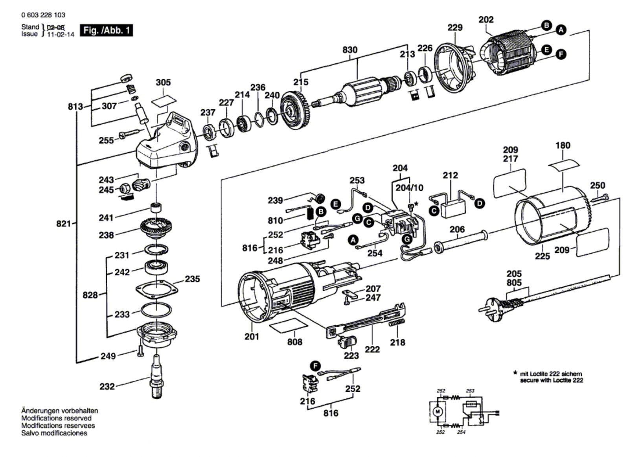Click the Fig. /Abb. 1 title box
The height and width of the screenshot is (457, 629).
[x=106, y=30]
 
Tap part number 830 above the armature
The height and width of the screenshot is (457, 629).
[x=350, y=50]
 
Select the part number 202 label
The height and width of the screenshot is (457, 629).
[x=486, y=20]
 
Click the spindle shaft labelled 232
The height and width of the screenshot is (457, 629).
[x=157, y=376]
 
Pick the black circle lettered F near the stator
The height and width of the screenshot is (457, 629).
[x=561, y=54]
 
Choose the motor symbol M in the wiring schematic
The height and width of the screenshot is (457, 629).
[x=437, y=411]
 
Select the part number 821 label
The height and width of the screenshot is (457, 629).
[x=64, y=224]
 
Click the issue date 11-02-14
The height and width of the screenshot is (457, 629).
[x=61, y=35]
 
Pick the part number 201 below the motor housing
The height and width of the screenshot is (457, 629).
[x=252, y=337]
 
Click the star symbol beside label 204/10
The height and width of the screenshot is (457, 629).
[x=416, y=203]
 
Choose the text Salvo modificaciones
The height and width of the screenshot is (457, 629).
[x=54, y=433]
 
